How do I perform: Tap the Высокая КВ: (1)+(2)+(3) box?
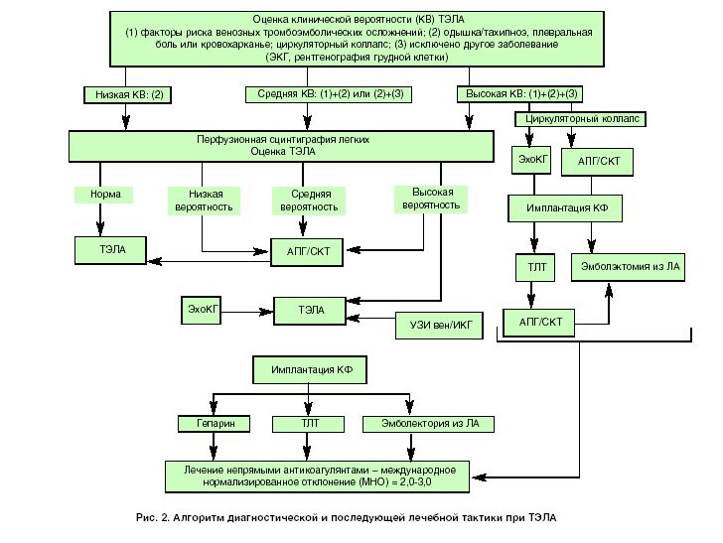tap(518, 94)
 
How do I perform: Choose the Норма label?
tap(104, 195)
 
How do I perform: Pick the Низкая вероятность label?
tap(204, 201)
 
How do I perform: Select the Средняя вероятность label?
tap(309, 201)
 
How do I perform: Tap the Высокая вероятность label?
tap(431, 198)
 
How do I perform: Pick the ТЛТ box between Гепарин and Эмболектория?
tap(310, 424)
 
